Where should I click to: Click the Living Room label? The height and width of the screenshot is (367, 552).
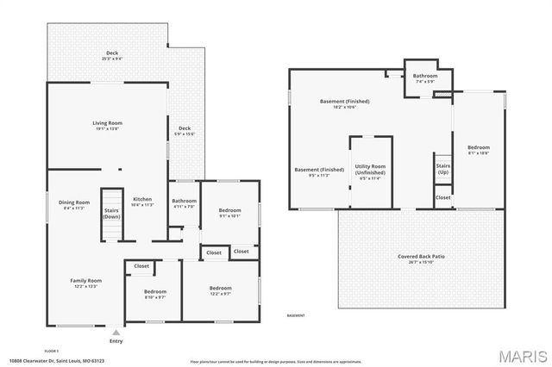106,126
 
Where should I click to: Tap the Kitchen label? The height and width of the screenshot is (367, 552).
141,202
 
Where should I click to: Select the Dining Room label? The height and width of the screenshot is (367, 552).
74,205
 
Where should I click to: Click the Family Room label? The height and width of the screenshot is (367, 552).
86,283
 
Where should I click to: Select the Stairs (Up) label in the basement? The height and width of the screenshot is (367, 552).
443,169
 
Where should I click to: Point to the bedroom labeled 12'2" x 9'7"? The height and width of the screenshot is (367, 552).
220,290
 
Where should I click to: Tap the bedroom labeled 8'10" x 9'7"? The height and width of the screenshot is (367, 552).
155,295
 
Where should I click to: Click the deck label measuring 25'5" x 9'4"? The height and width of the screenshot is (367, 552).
112,56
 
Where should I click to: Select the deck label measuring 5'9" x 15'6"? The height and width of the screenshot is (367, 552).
185,130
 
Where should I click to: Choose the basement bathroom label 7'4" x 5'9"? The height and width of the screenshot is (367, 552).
424,78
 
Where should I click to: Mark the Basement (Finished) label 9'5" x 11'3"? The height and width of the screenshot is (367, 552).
319,171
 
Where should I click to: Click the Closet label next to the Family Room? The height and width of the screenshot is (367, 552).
141,266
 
